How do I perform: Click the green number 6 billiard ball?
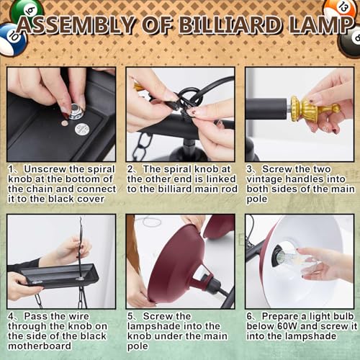point(26,9)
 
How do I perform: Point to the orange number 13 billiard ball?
point(339,11)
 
